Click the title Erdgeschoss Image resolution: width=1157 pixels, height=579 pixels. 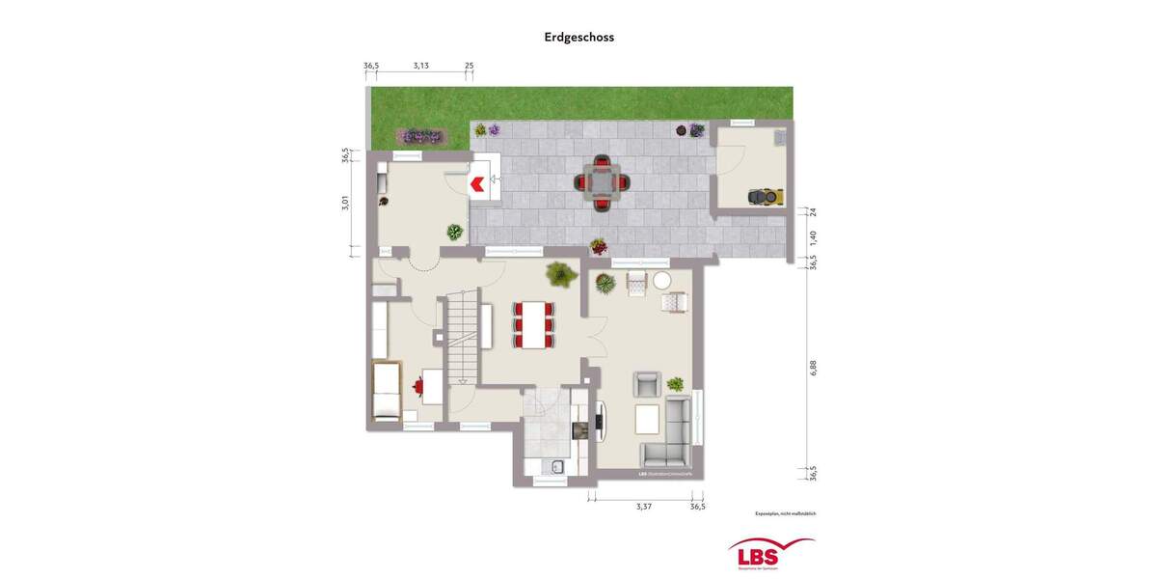[x=578, y=38]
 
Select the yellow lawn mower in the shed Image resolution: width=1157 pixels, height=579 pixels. [x=767, y=197]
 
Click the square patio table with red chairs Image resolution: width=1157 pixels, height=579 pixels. [x=600, y=181]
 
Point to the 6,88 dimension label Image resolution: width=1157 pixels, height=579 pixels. [x=813, y=368]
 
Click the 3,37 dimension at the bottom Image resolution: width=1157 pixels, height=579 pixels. [x=643, y=506]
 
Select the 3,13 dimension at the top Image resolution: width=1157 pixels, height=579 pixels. [x=420, y=66]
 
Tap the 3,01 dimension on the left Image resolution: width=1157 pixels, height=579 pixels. [x=345, y=203]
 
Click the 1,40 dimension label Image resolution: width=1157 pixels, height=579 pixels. [x=813, y=236]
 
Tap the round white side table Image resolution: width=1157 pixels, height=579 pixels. [x=662, y=281]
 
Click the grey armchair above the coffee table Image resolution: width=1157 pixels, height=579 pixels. [x=646, y=384]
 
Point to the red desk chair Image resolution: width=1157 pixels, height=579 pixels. [x=418, y=386]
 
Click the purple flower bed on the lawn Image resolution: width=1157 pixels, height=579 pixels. [x=420, y=136]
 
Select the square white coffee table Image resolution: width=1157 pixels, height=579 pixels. [x=647, y=420]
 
